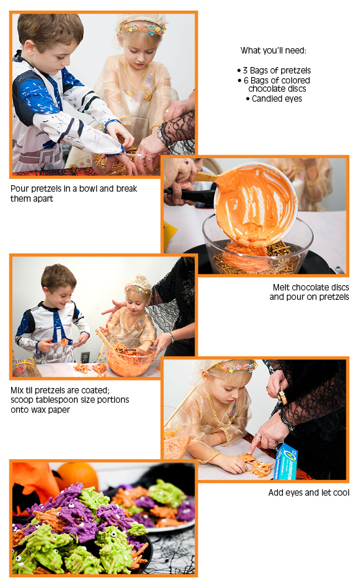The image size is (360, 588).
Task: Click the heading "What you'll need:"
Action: coord(274,50)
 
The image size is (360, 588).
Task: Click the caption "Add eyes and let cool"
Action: coord(309,492)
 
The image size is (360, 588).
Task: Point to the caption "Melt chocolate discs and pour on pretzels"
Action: coord(309,292)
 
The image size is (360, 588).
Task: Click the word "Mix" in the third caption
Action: coord(17,390)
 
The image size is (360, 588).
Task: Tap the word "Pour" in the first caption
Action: coord(19,189)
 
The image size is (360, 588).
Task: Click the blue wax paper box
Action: coord(286,461)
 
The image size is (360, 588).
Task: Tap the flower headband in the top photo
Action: coord(142,28)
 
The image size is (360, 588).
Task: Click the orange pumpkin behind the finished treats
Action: coord(77,475)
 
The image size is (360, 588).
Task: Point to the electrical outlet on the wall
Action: coord(85,357)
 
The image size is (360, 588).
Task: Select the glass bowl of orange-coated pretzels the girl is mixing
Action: coord(129,358)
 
